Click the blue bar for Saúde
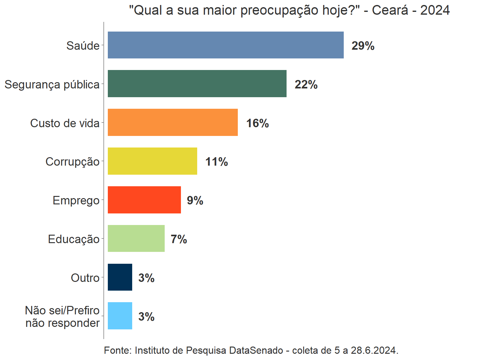pyautogui.click(x=226, y=45)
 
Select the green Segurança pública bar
pyautogui.click(x=197, y=84)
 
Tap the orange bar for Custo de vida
pyautogui.click(x=172, y=122)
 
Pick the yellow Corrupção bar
pyautogui.click(x=152, y=161)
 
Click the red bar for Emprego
pyautogui.click(x=144, y=200)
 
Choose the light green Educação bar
pyautogui.click(x=136, y=238)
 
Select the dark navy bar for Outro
pyautogui.click(x=120, y=277)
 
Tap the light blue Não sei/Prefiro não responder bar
pyautogui.click(x=120, y=316)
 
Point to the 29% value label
pyautogui.click(x=363, y=46)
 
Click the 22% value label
pyautogui.click(x=306, y=85)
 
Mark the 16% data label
pyautogui.click(x=257, y=123)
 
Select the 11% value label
pyautogui.click(x=217, y=162)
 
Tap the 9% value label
pyautogui.click(x=195, y=201)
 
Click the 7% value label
pyautogui.click(x=179, y=239)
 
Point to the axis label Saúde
pyautogui.click(x=83, y=46)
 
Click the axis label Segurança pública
pyautogui.click(x=52, y=85)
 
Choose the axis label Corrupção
pyautogui.click(x=72, y=162)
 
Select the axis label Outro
pyautogui.click(x=85, y=278)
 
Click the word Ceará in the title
pyautogui.click(x=390, y=10)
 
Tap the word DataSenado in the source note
pyautogui.click(x=256, y=350)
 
